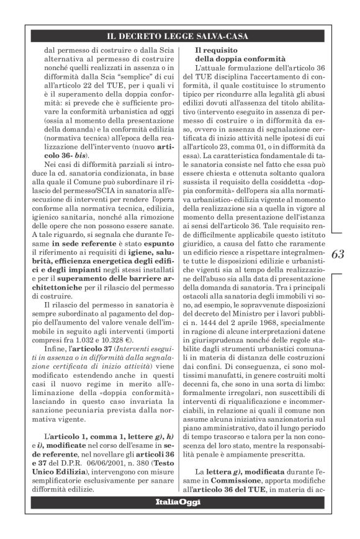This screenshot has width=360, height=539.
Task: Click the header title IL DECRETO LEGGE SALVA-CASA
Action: point(179,36)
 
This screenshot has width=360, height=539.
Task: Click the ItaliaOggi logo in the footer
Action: point(179,501)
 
